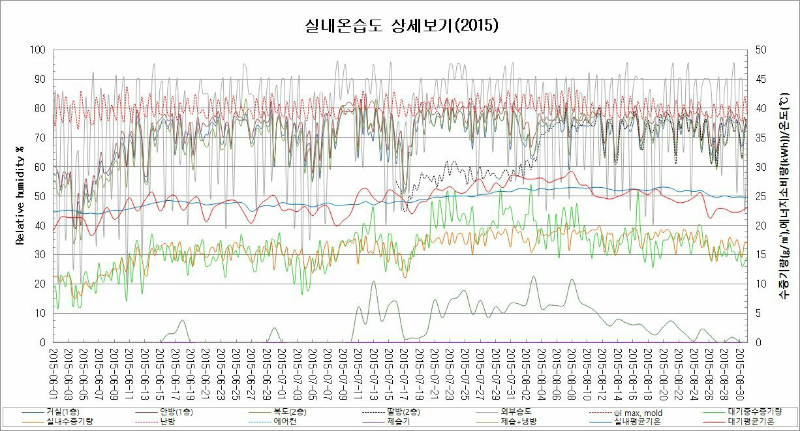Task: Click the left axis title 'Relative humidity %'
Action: click(x=20, y=196)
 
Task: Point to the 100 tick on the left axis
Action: click(x=38, y=50)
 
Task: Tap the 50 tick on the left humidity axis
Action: click(x=40, y=196)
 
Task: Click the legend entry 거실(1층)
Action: click(x=59, y=412)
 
